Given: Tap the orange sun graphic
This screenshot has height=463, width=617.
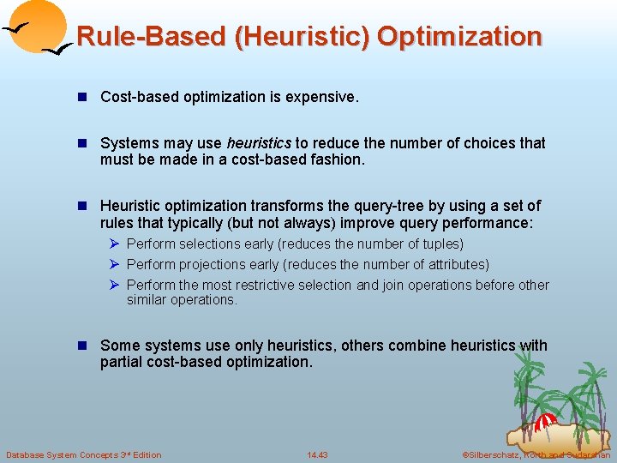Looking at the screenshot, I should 37,25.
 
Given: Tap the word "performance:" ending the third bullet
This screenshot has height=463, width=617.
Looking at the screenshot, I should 491,222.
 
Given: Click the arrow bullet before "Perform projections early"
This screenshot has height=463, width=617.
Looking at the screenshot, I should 113,265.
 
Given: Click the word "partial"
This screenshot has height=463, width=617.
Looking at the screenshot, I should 123,362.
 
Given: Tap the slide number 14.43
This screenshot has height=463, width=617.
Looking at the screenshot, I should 317,454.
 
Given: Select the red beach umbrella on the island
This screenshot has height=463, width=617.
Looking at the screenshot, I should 544,423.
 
